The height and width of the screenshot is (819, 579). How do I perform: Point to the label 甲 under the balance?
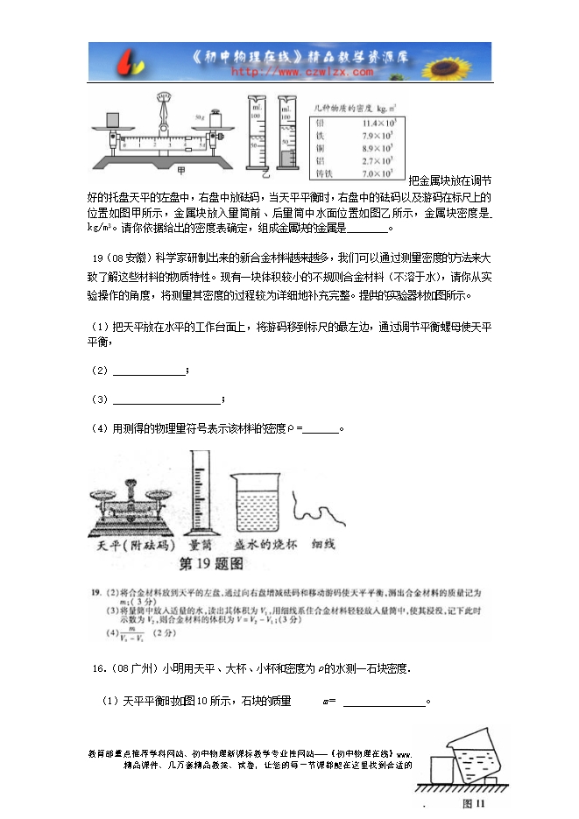pos(181,170)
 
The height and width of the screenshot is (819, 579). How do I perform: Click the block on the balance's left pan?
pos(111,120)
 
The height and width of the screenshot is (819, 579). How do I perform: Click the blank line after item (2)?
pos(149,372)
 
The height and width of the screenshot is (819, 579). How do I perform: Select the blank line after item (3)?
pos(166,399)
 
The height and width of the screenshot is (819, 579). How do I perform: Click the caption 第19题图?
pos(210,561)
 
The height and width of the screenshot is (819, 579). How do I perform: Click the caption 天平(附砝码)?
pos(127,544)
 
